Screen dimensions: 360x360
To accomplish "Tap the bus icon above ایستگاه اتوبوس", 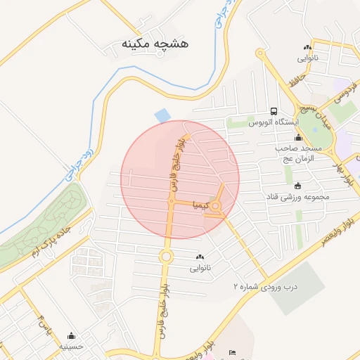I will pos(274,111).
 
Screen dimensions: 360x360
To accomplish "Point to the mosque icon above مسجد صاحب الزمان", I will pos(298,138).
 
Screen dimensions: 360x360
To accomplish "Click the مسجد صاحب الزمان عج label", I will pos(298,154).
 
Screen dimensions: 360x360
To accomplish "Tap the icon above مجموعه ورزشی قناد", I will pos(298,186).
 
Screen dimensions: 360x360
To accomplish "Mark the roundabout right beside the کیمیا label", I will pos(216,206).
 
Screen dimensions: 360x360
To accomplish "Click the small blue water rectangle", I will pos(162,114).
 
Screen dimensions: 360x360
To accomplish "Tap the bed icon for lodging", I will pos(233,352).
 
